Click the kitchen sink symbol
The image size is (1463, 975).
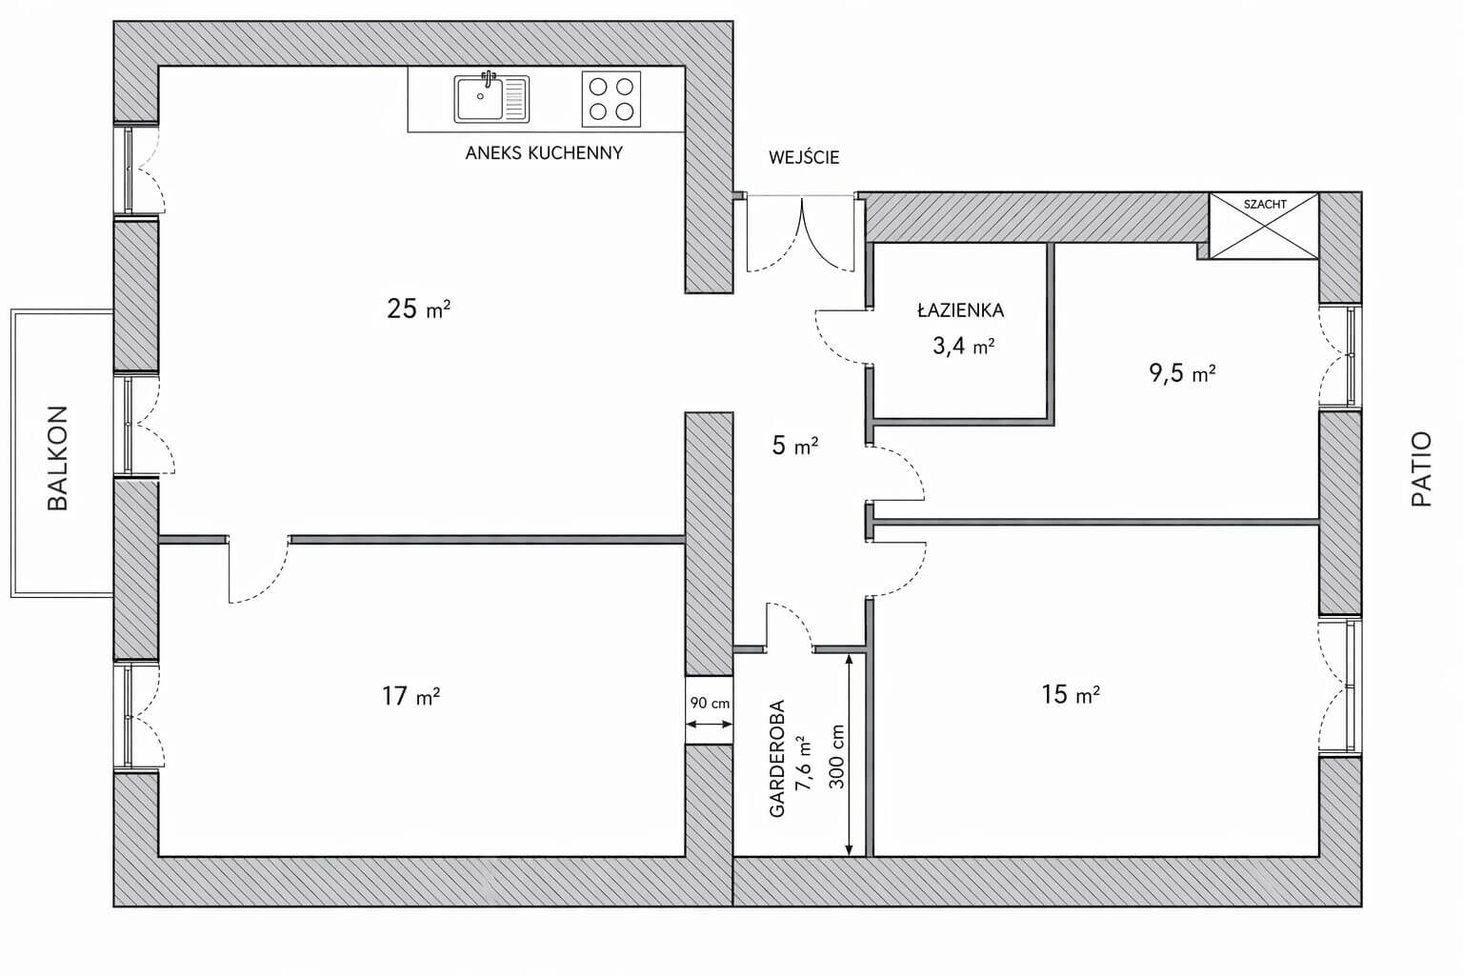coord(491,99)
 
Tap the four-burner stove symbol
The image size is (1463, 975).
coord(611,99)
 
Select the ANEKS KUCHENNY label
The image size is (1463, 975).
coord(544,152)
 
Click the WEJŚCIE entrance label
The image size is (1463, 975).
coord(803,157)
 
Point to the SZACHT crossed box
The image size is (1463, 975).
coord(1264,226)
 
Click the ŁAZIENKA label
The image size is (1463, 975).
coord(960,309)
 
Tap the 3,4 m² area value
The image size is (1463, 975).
coord(963,346)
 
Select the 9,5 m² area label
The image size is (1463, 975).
coord(1182,373)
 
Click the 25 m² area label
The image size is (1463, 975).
coord(419,308)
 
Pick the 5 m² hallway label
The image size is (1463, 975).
coord(795,446)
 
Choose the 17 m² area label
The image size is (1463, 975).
coord(411,696)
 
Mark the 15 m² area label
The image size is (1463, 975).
coord(1071,694)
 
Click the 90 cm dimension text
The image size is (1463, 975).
coord(710,704)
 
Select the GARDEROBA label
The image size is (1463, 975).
coord(776,758)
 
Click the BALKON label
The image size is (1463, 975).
coord(58,458)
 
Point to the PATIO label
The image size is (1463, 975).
coord(1421,468)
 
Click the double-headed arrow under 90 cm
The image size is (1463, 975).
coord(710,724)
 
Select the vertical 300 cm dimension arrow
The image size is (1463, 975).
coord(849,755)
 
